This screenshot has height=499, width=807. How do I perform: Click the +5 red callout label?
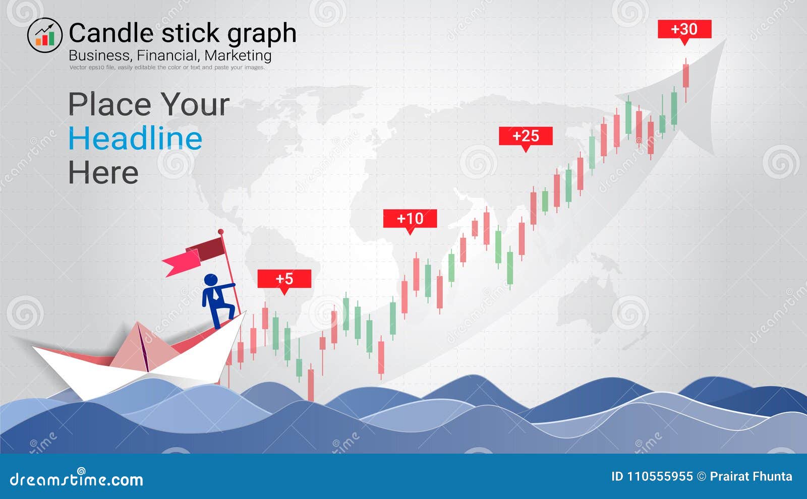click(x=284, y=279)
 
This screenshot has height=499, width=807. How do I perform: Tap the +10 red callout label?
click(x=410, y=218)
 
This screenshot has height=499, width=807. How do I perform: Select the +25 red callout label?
click(x=526, y=136)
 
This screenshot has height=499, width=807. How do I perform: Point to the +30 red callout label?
click(x=684, y=29)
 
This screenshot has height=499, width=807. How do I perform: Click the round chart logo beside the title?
click(x=44, y=35)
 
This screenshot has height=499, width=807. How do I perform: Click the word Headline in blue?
click(x=135, y=139)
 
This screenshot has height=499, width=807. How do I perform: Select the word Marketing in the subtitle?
click(x=238, y=55)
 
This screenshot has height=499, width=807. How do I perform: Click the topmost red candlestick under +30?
click(x=685, y=76)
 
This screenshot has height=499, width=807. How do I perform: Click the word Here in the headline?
click(x=103, y=173)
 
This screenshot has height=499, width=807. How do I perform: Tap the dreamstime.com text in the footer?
click(x=76, y=479)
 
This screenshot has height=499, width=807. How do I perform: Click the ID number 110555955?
click(x=659, y=476)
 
